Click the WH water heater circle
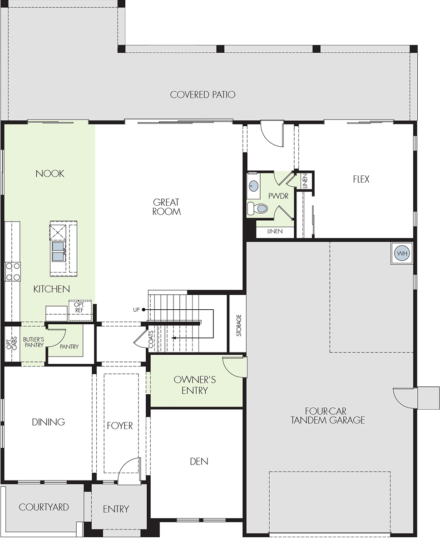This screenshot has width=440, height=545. click(402, 253)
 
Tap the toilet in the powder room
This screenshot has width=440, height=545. click(257, 208)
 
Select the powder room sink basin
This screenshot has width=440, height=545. click(253, 186)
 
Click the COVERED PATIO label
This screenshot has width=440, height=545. click(203, 94)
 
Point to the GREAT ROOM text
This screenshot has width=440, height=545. click(167, 207)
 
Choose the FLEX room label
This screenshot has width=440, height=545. click(361, 179)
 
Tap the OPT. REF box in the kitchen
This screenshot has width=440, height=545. click(80, 310)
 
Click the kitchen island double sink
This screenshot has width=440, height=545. click(58, 251)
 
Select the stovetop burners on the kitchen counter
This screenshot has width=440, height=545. click(13, 272)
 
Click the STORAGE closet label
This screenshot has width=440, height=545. click(239, 325)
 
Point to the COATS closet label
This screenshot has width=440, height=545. click(151, 339)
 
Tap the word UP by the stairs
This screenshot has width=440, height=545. click(136, 310)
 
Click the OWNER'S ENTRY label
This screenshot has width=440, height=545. click(195, 385)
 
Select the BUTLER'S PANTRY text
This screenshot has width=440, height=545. click(34, 342)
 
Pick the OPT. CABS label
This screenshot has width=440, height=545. click(12, 343)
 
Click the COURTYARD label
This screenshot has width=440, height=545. click(44, 507)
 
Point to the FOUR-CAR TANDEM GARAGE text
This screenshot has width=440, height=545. click(328, 416)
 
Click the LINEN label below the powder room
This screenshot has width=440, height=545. click(275, 231)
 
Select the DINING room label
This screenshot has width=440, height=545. click(48, 422)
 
